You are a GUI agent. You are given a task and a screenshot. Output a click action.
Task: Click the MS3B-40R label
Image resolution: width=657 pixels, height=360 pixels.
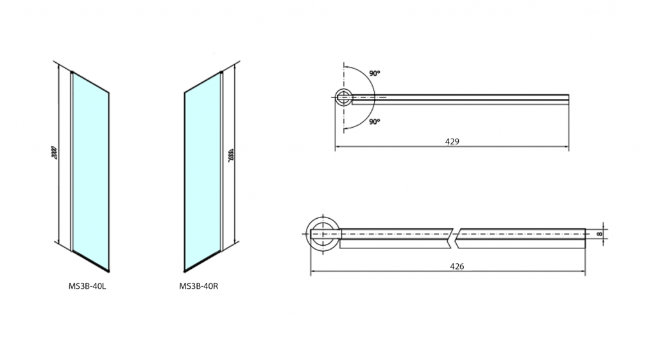199,287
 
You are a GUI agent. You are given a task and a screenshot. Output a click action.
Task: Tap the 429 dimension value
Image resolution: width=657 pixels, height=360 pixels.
452,141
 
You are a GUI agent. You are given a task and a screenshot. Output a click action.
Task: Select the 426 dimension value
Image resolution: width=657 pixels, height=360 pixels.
457,266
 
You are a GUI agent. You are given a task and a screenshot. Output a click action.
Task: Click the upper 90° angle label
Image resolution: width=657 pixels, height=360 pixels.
375,73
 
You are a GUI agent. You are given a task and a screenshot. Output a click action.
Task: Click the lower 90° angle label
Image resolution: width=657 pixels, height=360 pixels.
375,122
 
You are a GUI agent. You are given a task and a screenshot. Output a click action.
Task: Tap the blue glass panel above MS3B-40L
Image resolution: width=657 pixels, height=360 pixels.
90,170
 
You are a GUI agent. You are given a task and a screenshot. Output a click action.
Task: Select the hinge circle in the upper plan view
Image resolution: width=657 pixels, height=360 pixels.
344,98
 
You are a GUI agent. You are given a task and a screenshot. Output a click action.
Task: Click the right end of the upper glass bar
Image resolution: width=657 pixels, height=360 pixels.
567,98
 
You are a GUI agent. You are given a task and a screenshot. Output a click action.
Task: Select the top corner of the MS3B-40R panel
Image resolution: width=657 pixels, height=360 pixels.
220,72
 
